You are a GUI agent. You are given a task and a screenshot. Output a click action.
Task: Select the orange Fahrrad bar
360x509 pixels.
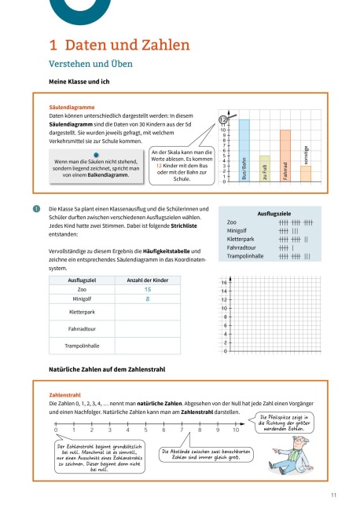[x=285, y=156]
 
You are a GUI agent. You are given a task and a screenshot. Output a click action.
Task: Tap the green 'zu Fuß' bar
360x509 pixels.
[x=265, y=168]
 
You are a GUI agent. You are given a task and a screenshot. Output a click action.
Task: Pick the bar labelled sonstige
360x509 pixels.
[x=306, y=174]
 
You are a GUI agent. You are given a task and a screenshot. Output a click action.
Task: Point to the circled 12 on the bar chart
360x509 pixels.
[x=224, y=119]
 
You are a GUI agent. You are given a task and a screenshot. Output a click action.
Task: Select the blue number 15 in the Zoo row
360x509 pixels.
[x=126, y=290]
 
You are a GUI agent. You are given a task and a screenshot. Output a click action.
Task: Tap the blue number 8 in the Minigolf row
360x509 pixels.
[x=126, y=299]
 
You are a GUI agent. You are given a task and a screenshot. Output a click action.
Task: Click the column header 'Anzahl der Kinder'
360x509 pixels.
[x=126, y=280]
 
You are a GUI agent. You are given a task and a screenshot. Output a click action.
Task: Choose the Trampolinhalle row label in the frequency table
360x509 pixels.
[x=82, y=345]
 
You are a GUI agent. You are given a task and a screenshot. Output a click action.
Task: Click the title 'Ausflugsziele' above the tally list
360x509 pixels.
[x=274, y=212]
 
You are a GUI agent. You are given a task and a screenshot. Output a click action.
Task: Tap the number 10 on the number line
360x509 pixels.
[x=236, y=430]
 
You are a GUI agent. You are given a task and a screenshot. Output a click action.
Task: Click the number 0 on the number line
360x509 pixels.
[x=57, y=430]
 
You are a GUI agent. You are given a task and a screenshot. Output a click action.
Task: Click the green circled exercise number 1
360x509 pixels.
[x=35, y=208]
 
